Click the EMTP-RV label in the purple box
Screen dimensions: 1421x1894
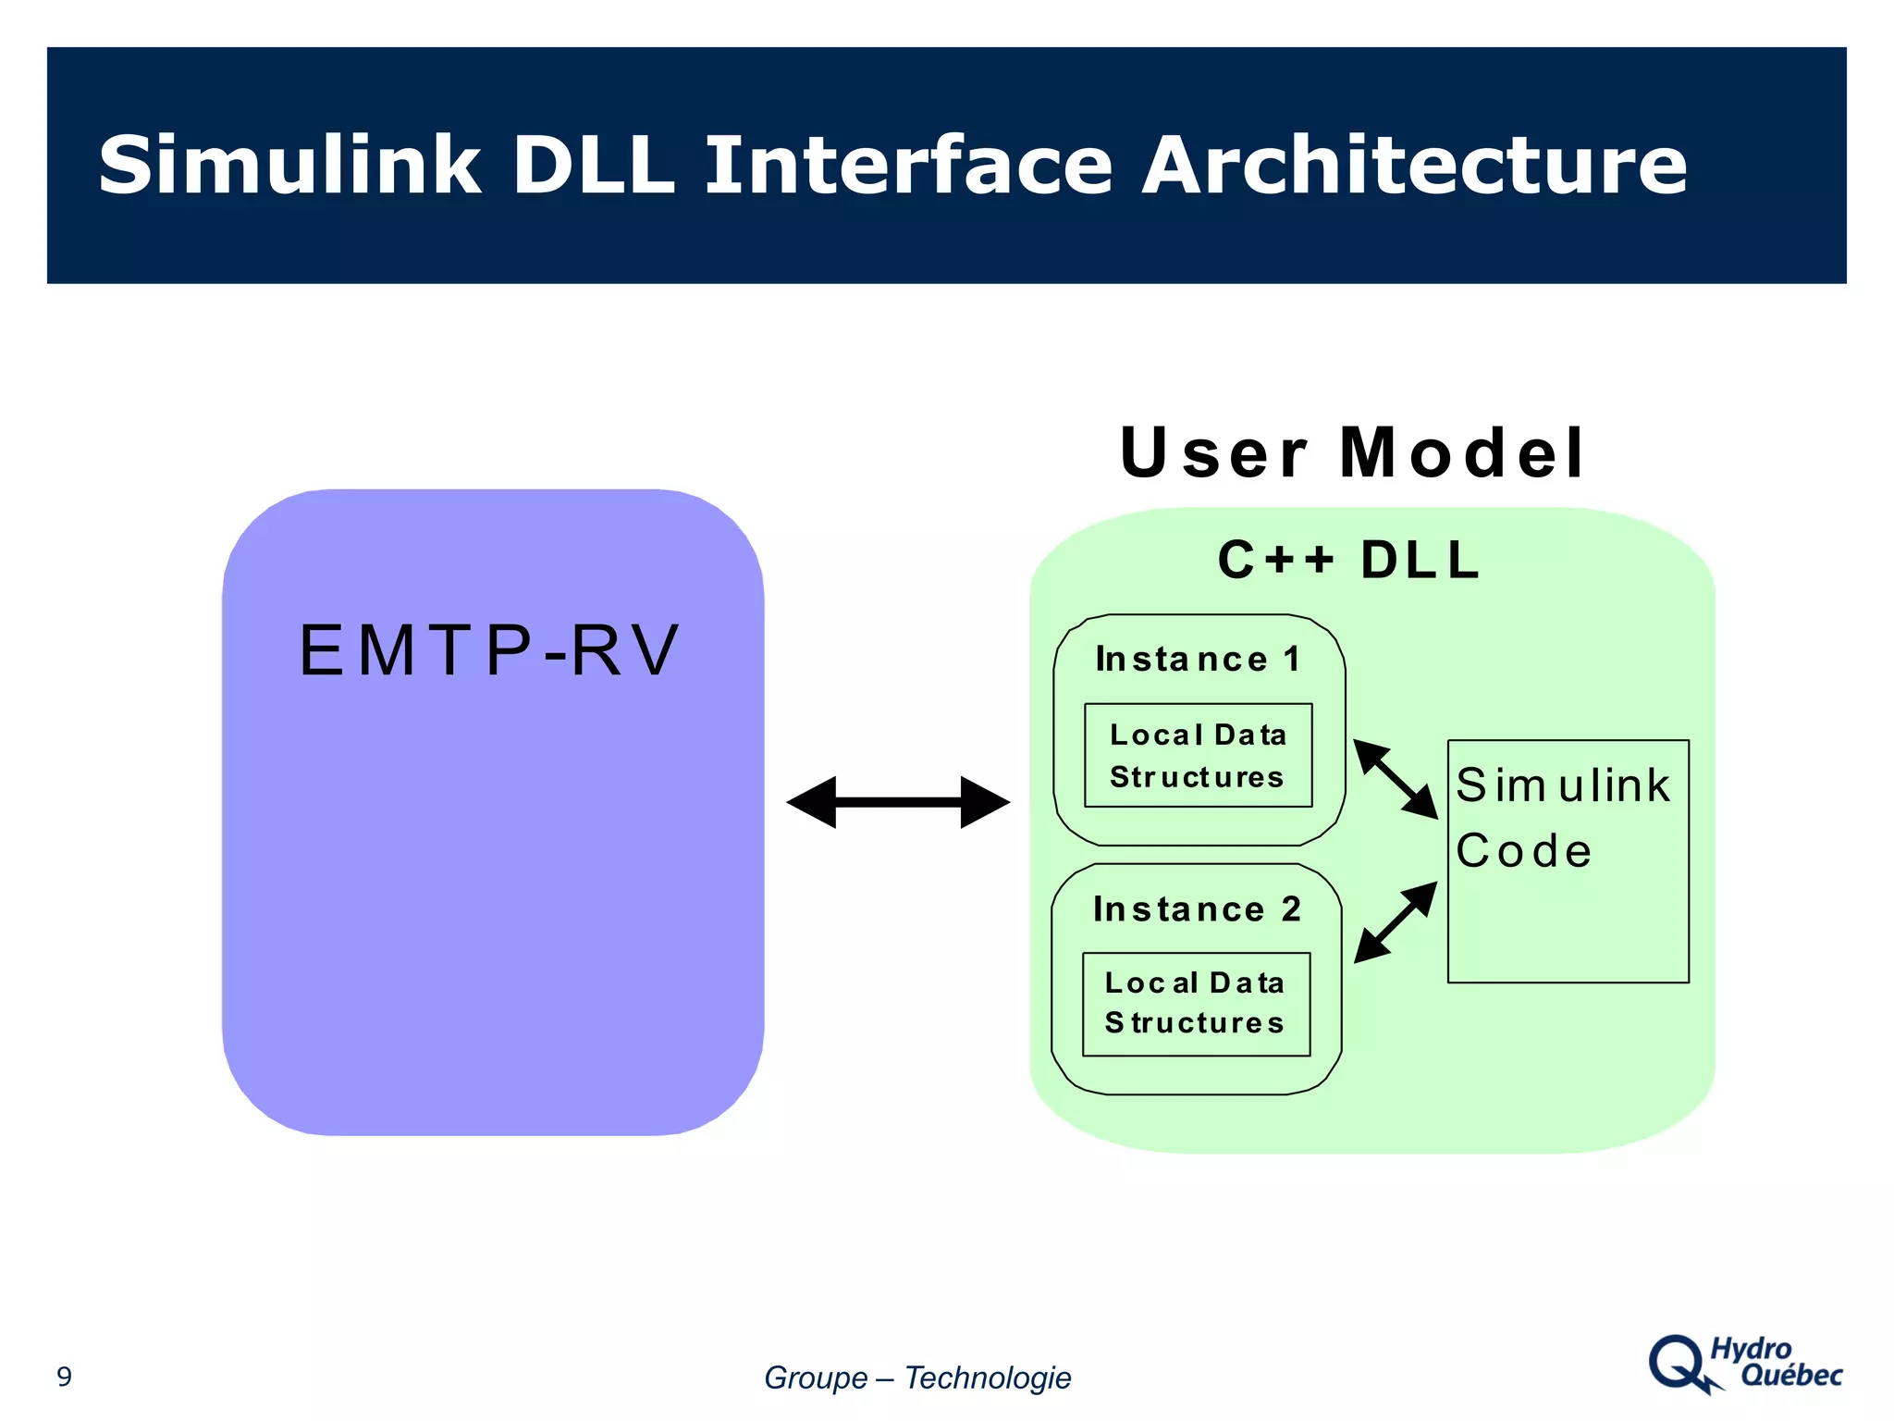tap(489, 650)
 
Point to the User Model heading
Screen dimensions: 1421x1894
tap(1352, 453)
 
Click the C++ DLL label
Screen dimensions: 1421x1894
tap(1349, 560)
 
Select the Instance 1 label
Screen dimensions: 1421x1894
tap(1198, 659)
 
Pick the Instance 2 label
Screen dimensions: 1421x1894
tap(1197, 908)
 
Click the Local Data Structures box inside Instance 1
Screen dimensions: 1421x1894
tap(1198, 755)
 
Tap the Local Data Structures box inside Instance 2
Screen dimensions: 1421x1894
tap(1196, 1004)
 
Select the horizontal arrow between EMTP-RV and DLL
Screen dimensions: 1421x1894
tap(897, 802)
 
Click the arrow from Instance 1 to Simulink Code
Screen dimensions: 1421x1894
tap(1396, 778)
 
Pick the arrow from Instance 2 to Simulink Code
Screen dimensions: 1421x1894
tap(1396, 922)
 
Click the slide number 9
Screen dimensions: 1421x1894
tap(64, 1377)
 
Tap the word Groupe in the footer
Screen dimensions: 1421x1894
tap(816, 1378)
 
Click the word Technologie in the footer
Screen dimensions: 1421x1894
tap(987, 1378)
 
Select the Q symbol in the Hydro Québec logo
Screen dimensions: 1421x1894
tap(1678, 1363)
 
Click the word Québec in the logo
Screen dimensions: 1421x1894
tap(1790, 1376)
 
